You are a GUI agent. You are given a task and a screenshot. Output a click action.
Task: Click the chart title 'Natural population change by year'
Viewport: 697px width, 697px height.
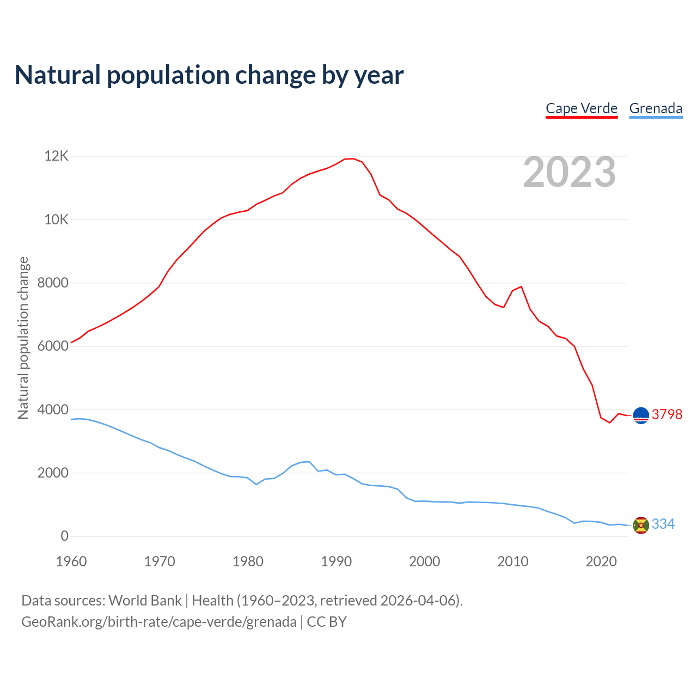coord(209,75)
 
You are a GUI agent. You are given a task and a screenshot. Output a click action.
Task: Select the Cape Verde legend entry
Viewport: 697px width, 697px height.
coord(582,108)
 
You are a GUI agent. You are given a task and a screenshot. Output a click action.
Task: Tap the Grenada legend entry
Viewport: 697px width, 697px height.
coord(656,108)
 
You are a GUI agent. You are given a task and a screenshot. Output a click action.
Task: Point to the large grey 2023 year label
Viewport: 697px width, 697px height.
coord(569,172)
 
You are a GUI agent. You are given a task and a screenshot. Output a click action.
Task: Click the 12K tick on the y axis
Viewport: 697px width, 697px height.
coord(56,156)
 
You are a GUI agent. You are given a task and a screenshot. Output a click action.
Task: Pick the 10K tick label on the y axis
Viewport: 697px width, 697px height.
coord(56,219)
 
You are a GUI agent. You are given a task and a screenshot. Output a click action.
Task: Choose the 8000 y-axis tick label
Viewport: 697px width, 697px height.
coord(53,283)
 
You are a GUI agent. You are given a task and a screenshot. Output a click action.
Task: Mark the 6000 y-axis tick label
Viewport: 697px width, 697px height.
coord(53,346)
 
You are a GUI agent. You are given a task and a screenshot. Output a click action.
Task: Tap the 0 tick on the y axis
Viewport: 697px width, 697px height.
coord(65,536)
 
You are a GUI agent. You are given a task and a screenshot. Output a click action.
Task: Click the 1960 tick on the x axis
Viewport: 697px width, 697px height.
coord(71,561)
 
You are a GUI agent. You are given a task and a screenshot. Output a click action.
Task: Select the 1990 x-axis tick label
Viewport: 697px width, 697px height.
coord(336,561)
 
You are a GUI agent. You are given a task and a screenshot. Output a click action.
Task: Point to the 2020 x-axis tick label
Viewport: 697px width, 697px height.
coord(601,561)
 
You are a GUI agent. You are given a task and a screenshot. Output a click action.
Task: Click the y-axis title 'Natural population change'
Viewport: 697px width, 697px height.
coord(23,338)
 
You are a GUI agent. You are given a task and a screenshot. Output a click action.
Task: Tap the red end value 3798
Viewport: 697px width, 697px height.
coord(667,414)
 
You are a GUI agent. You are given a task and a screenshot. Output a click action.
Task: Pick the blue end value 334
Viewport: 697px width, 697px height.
coord(663,524)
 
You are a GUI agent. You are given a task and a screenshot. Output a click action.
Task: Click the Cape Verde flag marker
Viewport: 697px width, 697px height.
coord(641,415)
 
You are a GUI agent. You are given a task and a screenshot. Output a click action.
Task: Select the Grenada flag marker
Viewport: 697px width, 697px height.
coord(641,525)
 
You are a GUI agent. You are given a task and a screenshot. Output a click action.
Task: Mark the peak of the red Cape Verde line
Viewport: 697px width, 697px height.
coord(353,158)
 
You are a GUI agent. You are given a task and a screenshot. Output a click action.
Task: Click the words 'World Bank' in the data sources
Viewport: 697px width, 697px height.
coord(145,601)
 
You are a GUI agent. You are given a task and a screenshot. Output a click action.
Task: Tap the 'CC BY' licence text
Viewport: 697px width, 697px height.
coord(327,622)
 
